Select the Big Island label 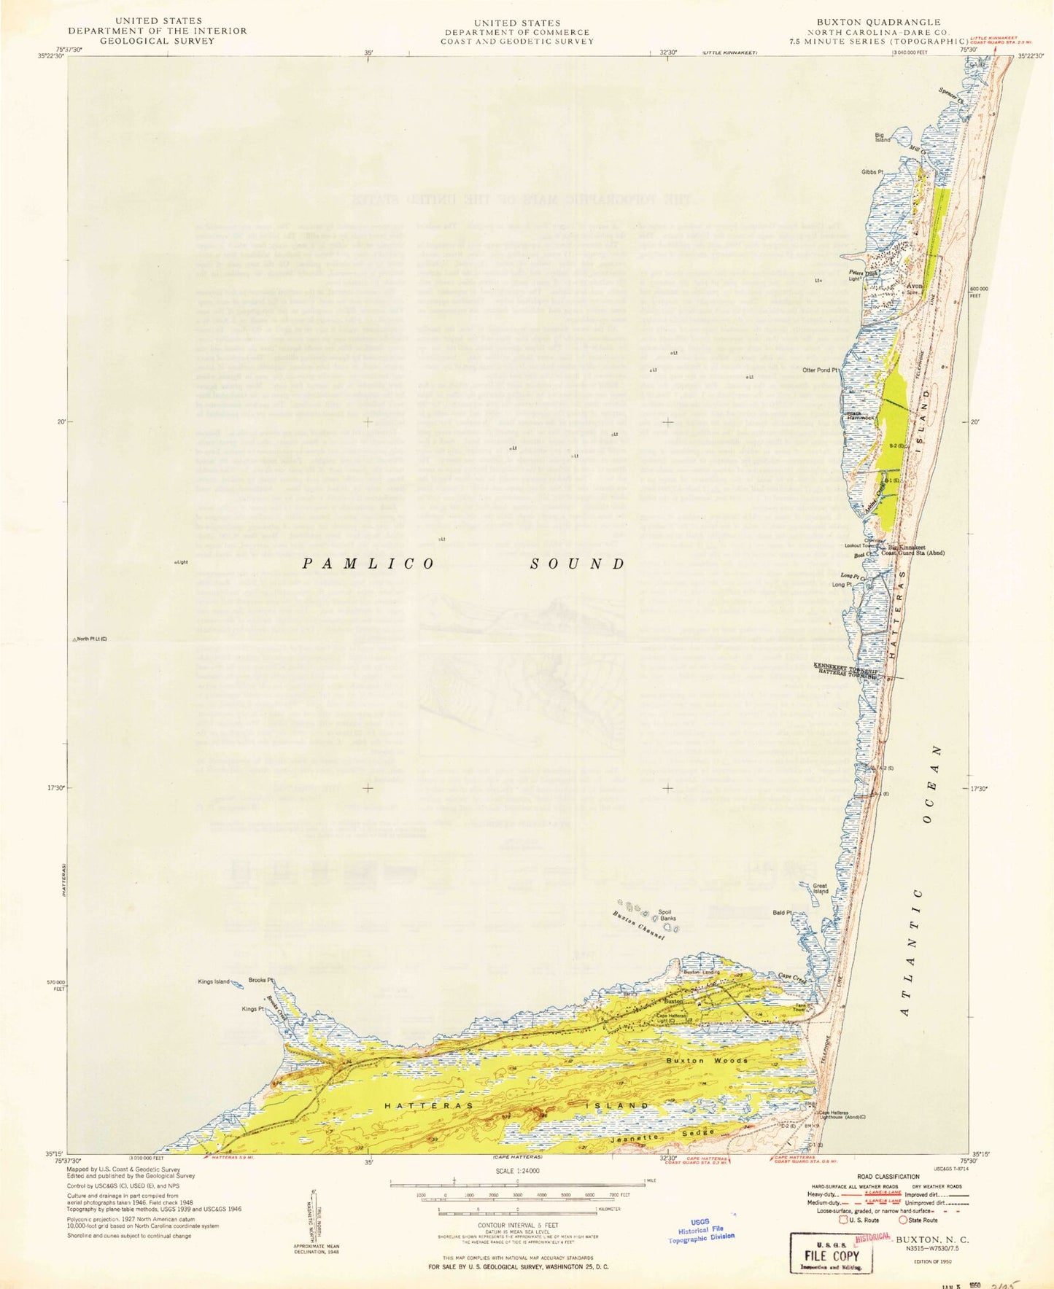pos(883,137)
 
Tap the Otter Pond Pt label pos(821,370)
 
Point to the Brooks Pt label pos(260,980)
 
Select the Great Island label pos(821,888)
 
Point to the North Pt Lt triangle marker pos(74,639)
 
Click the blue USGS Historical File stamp pos(702,1230)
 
